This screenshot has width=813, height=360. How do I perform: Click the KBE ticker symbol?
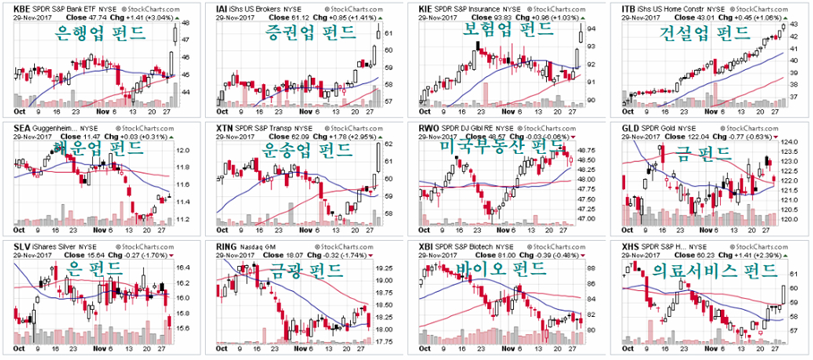(22, 8)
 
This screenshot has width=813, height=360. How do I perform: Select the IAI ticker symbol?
(224, 8)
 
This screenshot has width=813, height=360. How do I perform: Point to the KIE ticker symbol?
(427, 8)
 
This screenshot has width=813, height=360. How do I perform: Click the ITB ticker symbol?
(629, 8)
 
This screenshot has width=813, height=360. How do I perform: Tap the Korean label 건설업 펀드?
(704, 34)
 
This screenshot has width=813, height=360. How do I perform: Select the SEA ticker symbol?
(22, 128)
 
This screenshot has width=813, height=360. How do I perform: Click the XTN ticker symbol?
(227, 128)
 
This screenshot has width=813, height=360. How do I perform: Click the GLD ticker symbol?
(631, 128)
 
